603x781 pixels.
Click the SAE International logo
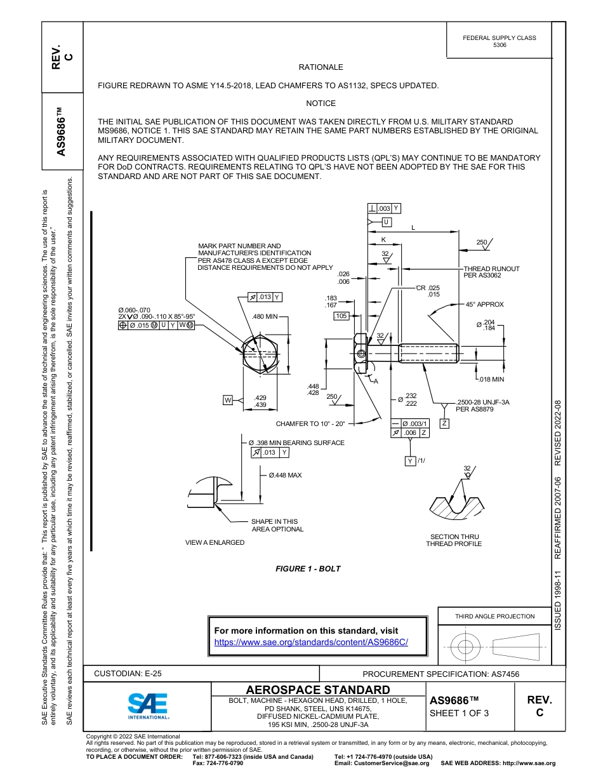(148, 705)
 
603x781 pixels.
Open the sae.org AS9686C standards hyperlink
(311, 642)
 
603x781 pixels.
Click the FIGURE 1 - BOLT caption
(308, 568)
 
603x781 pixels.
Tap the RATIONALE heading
(321, 67)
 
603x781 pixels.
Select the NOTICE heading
(321, 103)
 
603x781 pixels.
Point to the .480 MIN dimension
(265, 316)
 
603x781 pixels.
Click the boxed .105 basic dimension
(341, 316)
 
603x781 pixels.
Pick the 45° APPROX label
(484, 304)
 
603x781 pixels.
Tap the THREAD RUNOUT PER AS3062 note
(491, 272)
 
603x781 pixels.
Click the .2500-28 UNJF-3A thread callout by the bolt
(483, 403)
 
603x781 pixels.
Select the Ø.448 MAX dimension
(285, 475)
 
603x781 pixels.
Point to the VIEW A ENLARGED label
(215, 542)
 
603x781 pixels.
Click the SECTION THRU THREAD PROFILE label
(454, 540)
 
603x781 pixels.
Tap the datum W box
(228, 399)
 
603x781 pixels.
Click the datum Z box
(445, 424)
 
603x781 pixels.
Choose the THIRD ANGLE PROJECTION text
(494, 616)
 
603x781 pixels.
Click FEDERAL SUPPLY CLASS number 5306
(500, 46)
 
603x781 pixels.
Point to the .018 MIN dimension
(491, 379)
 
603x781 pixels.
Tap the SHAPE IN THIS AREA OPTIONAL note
(277, 525)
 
